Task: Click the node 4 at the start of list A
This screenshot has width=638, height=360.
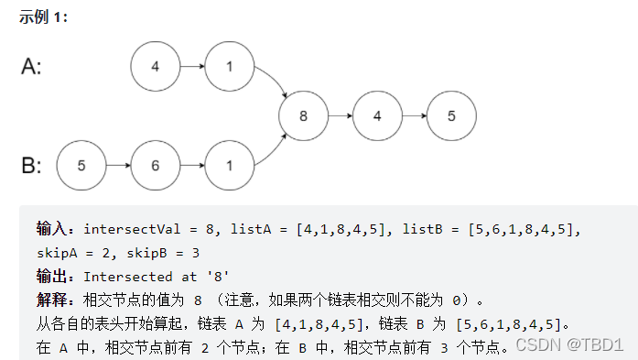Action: click(x=156, y=67)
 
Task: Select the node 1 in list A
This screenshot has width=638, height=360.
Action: click(x=229, y=67)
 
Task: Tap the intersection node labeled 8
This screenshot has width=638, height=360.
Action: click(x=304, y=116)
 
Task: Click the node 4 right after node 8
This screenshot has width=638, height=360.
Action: click(x=378, y=116)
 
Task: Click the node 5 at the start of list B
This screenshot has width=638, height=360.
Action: click(x=81, y=166)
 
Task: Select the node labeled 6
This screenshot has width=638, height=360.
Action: click(x=156, y=166)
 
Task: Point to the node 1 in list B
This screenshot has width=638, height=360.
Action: click(x=229, y=166)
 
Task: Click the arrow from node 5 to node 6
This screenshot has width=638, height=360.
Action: click(x=118, y=166)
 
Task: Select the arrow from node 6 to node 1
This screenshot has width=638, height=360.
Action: click(x=192, y=166)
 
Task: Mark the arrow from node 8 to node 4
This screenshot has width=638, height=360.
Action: click(x=341, y=116)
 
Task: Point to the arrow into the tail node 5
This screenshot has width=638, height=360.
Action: click(x=415, y=116)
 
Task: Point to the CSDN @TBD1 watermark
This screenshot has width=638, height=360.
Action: click(x=568, y=344)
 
